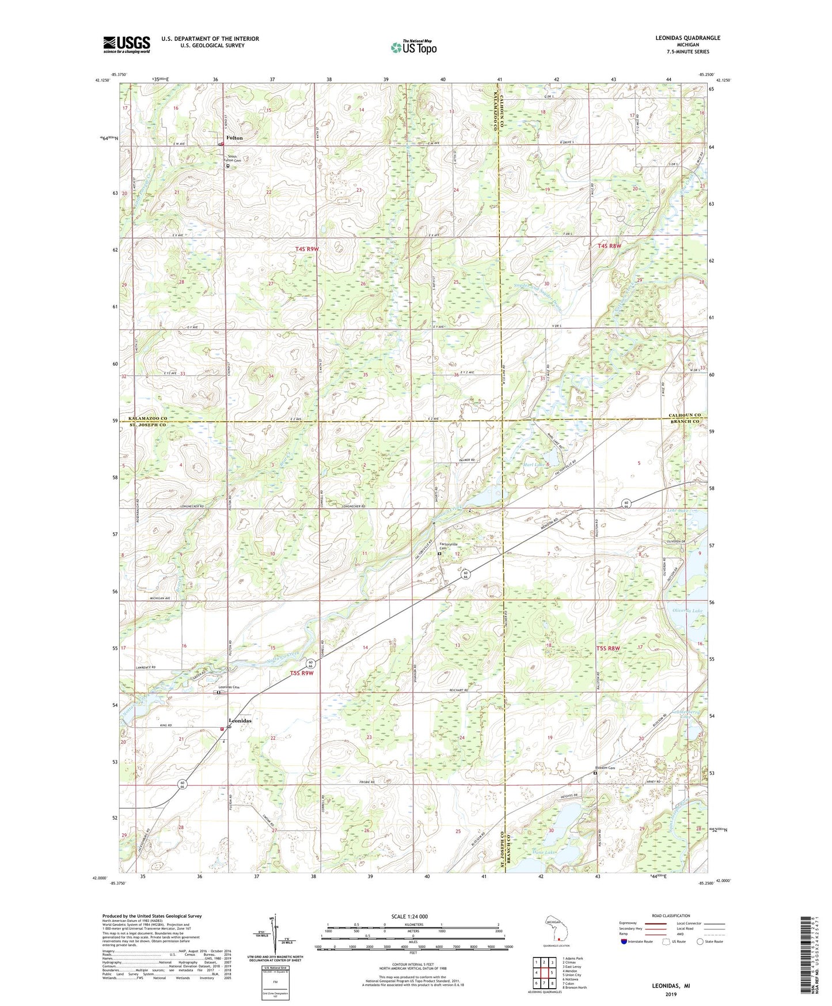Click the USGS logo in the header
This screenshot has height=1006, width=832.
127,44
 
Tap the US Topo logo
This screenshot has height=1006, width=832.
413,48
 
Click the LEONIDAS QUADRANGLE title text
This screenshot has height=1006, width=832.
687,38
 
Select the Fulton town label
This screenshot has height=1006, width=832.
234,138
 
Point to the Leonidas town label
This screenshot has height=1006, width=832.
240,721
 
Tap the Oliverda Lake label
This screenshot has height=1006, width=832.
687,611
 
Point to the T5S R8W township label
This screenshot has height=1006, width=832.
608,649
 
